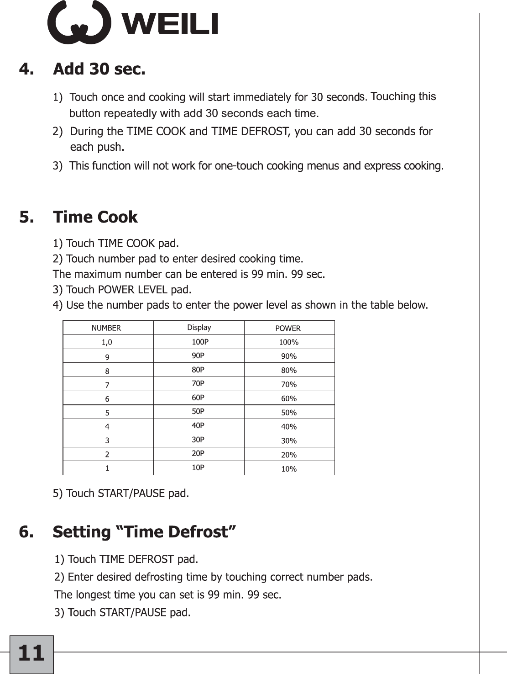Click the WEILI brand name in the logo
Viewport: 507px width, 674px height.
[x=170, y=24]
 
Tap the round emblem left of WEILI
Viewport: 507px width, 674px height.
[x=79, y=23]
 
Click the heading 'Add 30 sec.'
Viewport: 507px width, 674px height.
[x=99, y=69]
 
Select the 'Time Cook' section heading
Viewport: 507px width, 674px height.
[x=95, y=217]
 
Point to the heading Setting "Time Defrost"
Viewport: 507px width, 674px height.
[x=144, y=532]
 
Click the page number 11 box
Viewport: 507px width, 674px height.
[x=31, y=653]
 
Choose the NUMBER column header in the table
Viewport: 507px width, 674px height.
[x=106, y=328]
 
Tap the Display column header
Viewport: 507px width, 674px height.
[x=199, y=328]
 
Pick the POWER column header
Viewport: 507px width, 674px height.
[x=288, y=328]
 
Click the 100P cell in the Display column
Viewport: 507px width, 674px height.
[x=200, y=342]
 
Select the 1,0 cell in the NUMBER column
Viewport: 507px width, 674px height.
[x=107, y=342]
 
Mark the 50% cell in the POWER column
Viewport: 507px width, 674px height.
[x=289, y=413]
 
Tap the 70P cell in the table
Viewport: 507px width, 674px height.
[x=198, y=384]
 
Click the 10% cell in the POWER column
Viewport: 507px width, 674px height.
[x=289, y=469]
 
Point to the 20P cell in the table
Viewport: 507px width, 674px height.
[x=198, y=454]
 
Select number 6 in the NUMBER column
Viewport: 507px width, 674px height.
[x=107, y=399]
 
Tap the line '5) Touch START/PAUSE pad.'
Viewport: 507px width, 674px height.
[x=121, y=494]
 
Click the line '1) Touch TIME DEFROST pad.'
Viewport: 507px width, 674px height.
[x=126, y=559]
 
